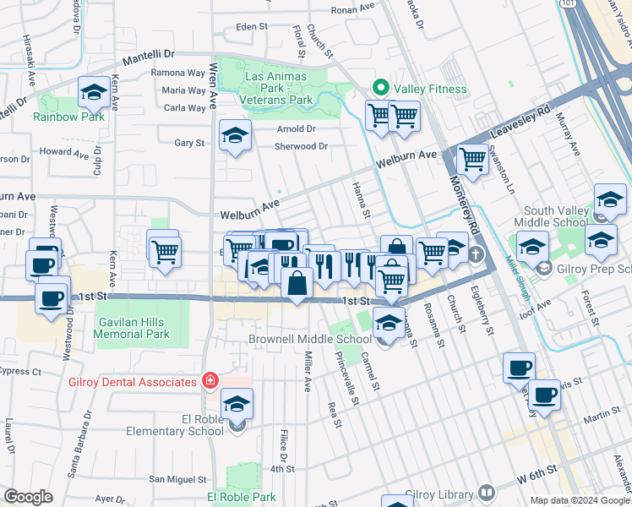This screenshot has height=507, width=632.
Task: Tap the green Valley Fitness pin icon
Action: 380,89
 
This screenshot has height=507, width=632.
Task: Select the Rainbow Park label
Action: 69,117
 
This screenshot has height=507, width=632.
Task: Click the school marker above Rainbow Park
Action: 94,93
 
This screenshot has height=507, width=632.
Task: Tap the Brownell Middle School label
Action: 310,340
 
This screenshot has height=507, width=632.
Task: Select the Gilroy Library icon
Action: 486,492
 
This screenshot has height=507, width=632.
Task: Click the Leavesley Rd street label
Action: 531,111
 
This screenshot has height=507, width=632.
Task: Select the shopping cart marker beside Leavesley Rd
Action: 472,159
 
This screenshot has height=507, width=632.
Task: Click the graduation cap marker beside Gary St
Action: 235,136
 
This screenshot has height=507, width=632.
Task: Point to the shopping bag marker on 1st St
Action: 297,284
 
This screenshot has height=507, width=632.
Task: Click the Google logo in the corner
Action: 28,497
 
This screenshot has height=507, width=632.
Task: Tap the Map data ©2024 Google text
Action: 580,500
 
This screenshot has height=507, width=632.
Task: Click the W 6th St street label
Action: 537,470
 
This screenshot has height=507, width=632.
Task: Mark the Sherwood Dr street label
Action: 300,146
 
